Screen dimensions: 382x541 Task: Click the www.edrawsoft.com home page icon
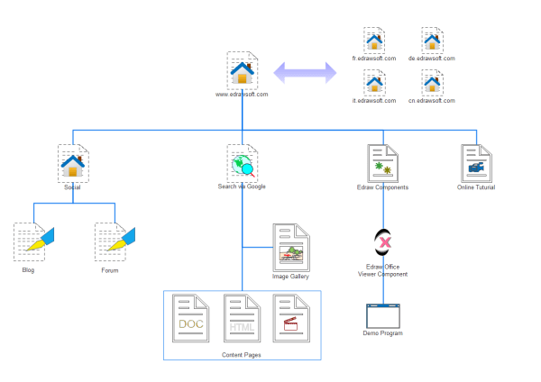pos(242,69)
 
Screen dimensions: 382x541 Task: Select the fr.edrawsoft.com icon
pos(374,40)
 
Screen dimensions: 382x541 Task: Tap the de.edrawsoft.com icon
pos(431,40)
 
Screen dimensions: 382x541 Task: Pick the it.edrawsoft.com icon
pos(374,83)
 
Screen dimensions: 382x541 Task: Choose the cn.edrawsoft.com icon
pos(431,83)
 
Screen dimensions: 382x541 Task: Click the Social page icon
pos(72,163)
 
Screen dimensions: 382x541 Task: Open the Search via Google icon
pos(242,163)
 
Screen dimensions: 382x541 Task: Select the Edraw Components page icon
pos(383,163)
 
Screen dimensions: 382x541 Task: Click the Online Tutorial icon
pos(475,163)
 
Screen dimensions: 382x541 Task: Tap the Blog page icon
pos(30,241)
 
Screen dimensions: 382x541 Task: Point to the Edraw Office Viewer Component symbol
pos(383,241)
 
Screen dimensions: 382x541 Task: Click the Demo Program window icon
pos(383,314)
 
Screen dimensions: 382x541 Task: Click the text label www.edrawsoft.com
pos(242,94)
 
